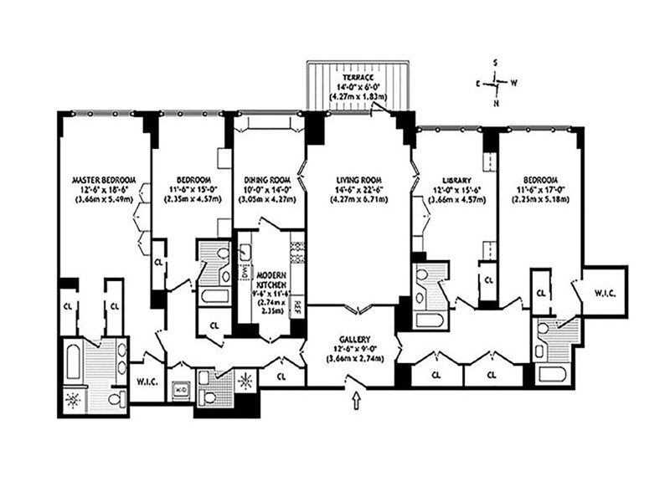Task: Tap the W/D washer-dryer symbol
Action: tap(180, 388)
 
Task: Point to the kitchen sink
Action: tap(245, 254)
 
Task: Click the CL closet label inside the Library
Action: tap(487, 279)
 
